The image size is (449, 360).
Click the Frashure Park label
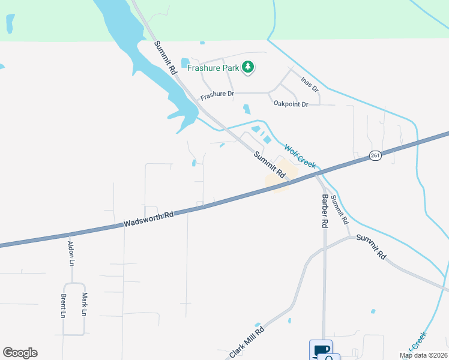tap(213, 68)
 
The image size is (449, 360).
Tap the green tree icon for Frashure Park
tap(248, 68)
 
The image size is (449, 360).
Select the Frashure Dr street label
tap(216, 95)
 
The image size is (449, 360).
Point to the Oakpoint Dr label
tap(291, 104)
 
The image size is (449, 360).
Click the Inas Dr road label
tap(310, 84)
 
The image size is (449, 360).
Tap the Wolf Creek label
tap(300, 156)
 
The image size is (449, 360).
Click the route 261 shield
tap(375, 155)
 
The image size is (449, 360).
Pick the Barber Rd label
tap(325, 211)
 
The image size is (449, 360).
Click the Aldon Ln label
tap(71, 253)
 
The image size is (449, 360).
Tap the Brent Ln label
tap(62, 305)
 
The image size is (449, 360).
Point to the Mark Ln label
tap(85, 304)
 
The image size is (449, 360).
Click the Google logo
tap(20, 353)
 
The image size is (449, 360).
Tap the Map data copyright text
tap(423, 355)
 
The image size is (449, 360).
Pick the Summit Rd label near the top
tap(166, 57)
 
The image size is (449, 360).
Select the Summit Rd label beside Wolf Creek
tap(268, 163)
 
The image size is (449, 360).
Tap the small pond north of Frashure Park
tap(202, 43)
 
